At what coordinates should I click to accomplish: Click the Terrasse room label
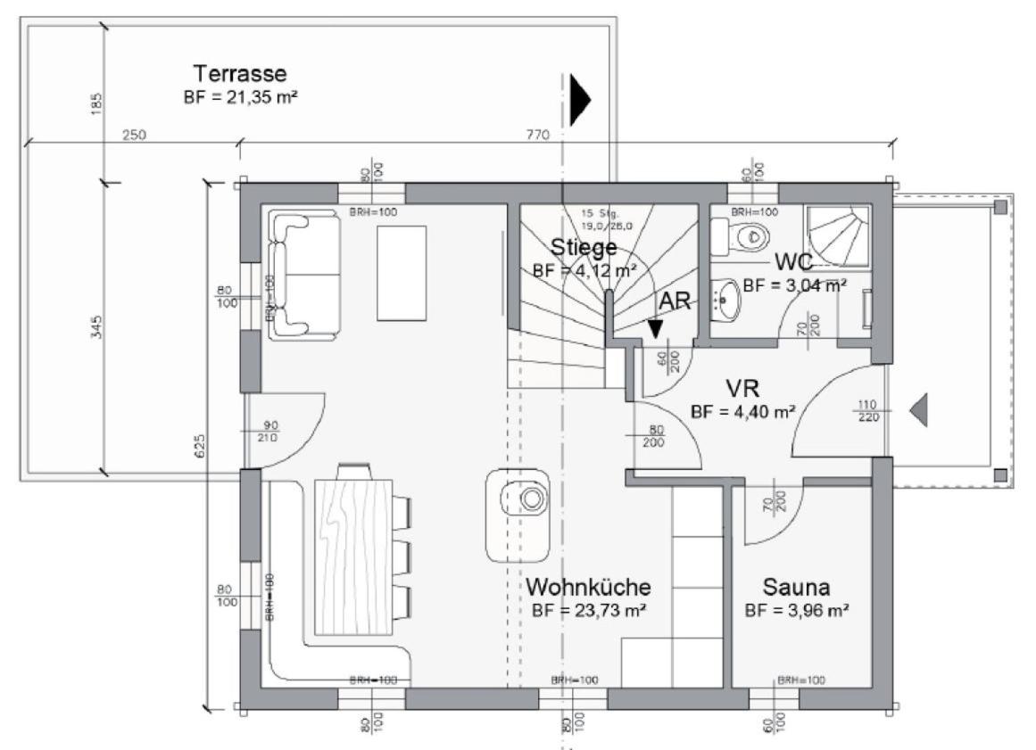240,74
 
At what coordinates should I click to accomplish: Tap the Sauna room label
796,588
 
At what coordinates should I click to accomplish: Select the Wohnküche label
588,588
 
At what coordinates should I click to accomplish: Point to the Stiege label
584,247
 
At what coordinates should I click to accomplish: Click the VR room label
742,389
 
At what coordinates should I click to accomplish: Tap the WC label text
793,263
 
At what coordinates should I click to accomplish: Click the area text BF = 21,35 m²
240,96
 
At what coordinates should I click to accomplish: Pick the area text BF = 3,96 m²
796,611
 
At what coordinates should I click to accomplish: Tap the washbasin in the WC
726,300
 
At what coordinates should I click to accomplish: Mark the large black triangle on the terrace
580,98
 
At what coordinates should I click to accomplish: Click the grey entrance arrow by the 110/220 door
919,410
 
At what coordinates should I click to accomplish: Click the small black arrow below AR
656,328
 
